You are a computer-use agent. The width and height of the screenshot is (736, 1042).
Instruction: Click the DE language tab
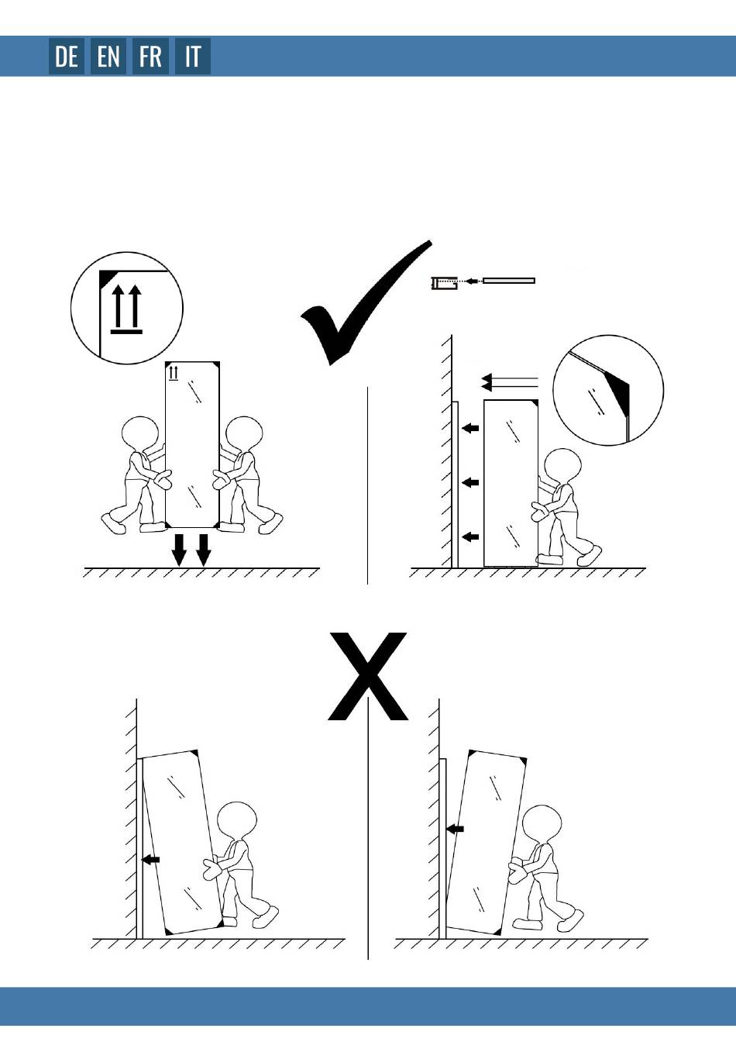(67, 57)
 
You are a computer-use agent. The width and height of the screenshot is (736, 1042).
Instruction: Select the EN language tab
(108, 57)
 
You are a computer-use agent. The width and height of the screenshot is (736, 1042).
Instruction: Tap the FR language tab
(150, 57)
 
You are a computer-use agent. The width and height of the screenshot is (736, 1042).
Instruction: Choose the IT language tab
(192, 57)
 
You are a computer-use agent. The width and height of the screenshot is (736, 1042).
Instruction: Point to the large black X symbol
(368, 676)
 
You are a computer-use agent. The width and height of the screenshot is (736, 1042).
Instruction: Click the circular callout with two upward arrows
(127, 308)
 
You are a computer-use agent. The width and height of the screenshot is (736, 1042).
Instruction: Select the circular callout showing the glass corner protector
(608, 390)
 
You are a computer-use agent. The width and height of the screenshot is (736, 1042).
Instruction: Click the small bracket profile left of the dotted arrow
(444, 283)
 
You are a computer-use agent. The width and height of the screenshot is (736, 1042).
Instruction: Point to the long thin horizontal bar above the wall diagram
(509, 281)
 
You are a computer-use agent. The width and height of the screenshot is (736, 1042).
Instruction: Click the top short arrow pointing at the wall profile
(470, 428)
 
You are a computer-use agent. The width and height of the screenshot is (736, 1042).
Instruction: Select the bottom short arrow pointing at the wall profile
(470, 537)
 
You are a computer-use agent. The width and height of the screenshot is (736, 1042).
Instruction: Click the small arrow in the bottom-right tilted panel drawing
(455, 829)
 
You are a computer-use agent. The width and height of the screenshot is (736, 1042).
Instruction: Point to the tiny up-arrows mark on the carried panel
(174, 373)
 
